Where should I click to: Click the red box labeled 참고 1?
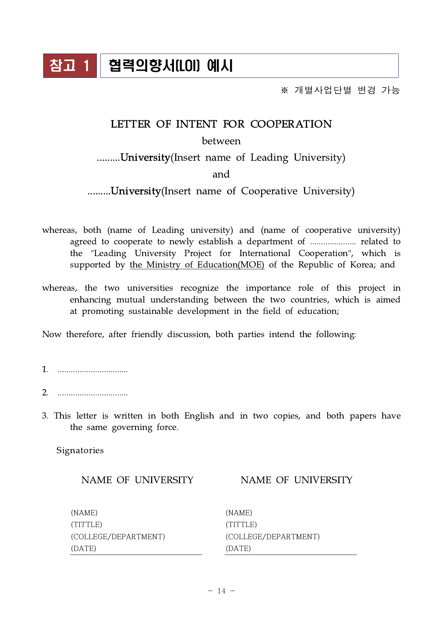tap(70, 66)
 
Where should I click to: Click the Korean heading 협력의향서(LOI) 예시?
tap(171, 66)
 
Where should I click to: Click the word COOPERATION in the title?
tap(291, 124)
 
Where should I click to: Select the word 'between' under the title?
tap(221, 141)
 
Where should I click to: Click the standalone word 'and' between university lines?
tap(221, 174)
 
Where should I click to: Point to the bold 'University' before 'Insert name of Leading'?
tap(145, 157)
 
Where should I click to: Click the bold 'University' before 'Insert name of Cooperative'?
tap(136, 191)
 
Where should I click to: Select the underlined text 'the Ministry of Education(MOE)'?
tap(197, 265)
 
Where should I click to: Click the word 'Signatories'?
tap(80, 450)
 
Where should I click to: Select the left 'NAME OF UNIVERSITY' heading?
tap(137, 480)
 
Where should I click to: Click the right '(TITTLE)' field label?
tap(241, 525)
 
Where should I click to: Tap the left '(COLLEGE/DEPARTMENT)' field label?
tap(118, 537)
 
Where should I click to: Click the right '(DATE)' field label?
tap(238, 549)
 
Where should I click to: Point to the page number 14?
tap(221, 591)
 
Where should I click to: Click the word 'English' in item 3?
tap(199, 416)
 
